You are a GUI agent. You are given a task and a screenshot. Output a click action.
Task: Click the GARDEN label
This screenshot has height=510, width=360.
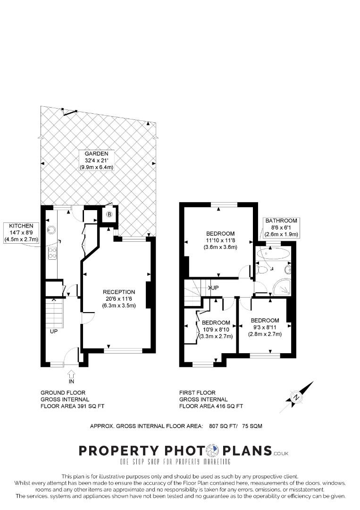tap(97, 161)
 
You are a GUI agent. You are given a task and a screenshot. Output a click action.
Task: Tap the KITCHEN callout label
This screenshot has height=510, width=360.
tap(21, 232)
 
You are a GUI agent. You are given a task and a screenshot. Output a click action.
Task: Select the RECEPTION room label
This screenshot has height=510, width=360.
tap(119, 298)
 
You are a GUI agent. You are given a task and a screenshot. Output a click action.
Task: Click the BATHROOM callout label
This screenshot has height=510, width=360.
tap(281, 227)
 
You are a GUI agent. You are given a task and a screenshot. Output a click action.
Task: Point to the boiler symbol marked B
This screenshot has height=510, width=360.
tap(109, 214)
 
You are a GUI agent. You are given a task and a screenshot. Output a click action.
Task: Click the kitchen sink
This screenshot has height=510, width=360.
tap(51, 229)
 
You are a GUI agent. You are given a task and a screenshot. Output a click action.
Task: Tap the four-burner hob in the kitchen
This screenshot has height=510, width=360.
tap(52, 254)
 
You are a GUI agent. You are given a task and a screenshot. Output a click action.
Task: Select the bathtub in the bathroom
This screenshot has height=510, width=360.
tap(272, 254)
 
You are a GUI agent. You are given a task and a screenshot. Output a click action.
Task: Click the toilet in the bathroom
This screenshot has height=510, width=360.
tap(261, 269)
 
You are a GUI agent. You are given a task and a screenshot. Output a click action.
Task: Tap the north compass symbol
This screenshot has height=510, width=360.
tap(297, 397)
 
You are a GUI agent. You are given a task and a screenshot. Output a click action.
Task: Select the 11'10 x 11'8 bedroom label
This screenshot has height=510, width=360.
tap(220, 240)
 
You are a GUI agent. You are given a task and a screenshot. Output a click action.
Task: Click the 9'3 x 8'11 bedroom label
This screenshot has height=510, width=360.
tap(265, 327)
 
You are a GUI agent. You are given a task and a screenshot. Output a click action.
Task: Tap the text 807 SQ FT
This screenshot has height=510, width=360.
tap(224, 426)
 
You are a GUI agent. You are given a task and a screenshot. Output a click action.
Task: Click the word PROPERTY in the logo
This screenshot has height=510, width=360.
tap(119, 451)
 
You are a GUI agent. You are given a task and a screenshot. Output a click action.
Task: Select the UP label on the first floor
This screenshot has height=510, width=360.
tap(215, 288)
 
